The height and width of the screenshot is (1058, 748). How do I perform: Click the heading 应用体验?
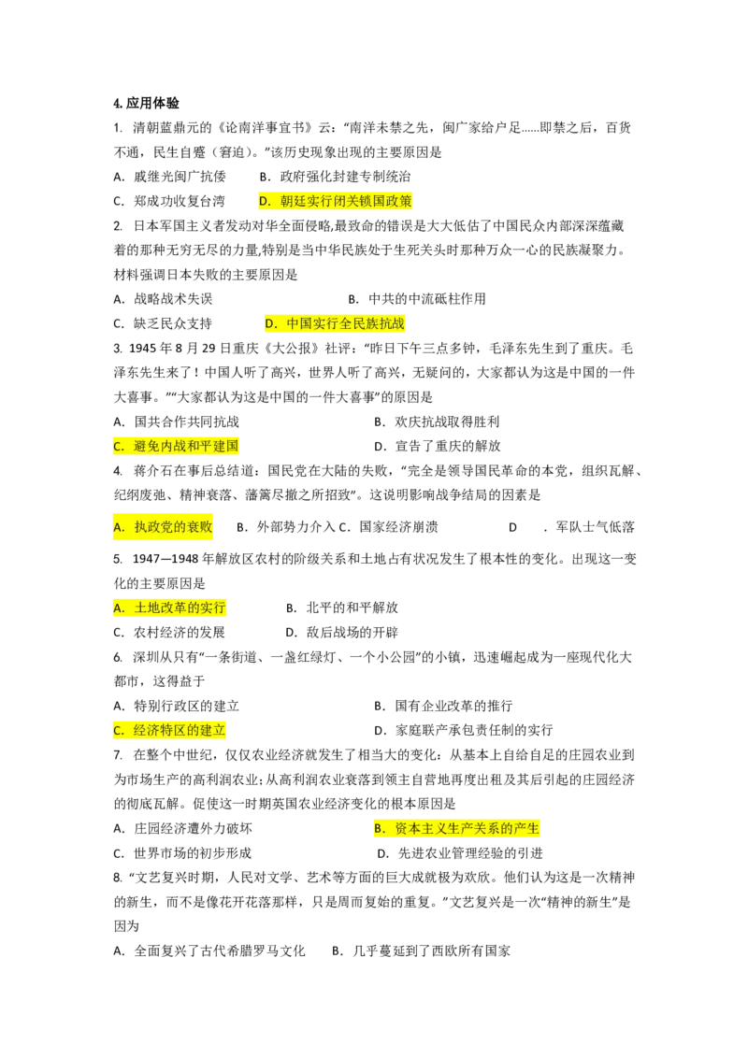tap(152, 103)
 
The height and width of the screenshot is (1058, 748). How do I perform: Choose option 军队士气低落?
tap(595, 527)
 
